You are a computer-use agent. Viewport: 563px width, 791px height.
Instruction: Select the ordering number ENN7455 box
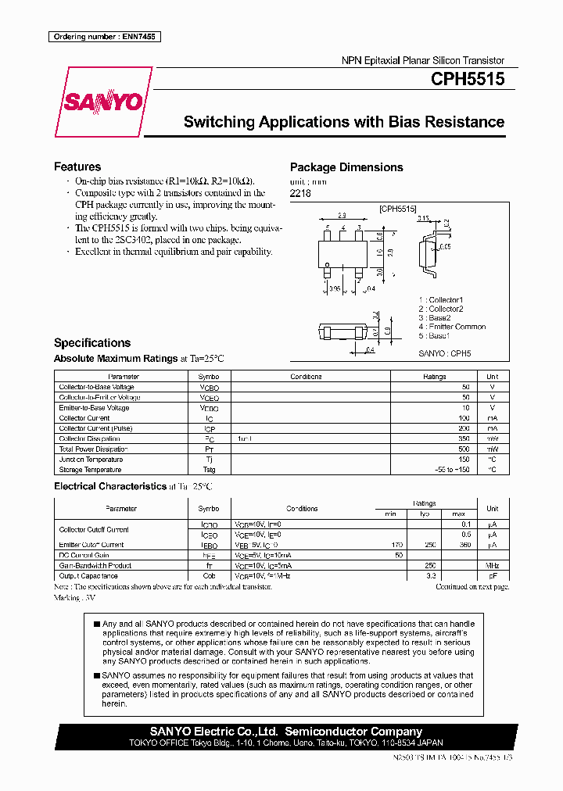104,37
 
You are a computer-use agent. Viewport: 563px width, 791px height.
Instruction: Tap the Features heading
77,166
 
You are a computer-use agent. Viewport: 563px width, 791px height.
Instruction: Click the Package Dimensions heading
346,167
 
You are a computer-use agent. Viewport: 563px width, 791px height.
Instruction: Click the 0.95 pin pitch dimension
334,288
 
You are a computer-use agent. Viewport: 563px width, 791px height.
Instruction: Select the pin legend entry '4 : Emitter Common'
451,327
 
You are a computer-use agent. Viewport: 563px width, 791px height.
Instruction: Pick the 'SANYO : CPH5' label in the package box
444,353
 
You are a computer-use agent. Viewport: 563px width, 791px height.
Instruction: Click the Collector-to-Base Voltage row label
96,387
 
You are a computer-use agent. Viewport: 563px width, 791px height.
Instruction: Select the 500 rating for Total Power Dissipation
465,449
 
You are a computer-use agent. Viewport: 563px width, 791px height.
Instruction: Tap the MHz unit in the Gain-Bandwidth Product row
492,565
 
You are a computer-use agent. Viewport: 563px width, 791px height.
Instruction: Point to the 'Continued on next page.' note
472,585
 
